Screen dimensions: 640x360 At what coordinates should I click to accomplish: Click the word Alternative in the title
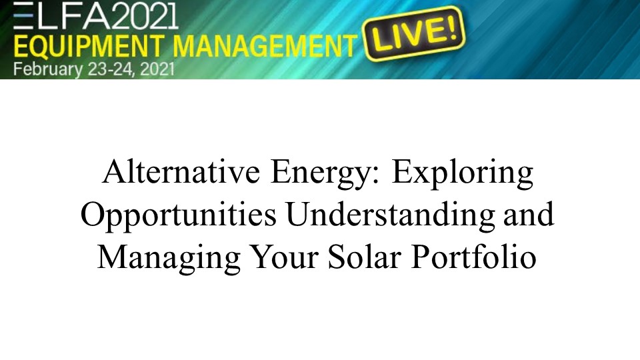click(x=181, y=171)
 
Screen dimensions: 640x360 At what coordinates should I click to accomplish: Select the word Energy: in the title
click(x=325, y=174)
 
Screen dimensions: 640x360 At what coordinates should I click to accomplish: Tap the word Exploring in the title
click(x=463, y=174)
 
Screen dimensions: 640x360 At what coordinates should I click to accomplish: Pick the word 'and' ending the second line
click(x=529, y=214)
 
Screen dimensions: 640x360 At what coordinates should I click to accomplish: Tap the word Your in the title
click(x=284, y=256)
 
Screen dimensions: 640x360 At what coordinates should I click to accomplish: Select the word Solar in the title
click(x=365, y=256)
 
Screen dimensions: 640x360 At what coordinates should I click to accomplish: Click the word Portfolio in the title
click(x=473, y=256)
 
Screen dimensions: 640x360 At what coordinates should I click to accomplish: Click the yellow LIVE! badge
click(x=414, y=33)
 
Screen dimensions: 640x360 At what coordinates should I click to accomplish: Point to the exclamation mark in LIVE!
click(x=451, y=26)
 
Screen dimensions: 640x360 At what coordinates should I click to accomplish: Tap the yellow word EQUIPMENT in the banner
click(x=89, y=45)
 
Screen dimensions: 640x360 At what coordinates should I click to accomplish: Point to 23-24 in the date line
click(x=110, y=69)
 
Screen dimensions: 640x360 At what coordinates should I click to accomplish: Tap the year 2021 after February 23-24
click(x=157, y=69)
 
